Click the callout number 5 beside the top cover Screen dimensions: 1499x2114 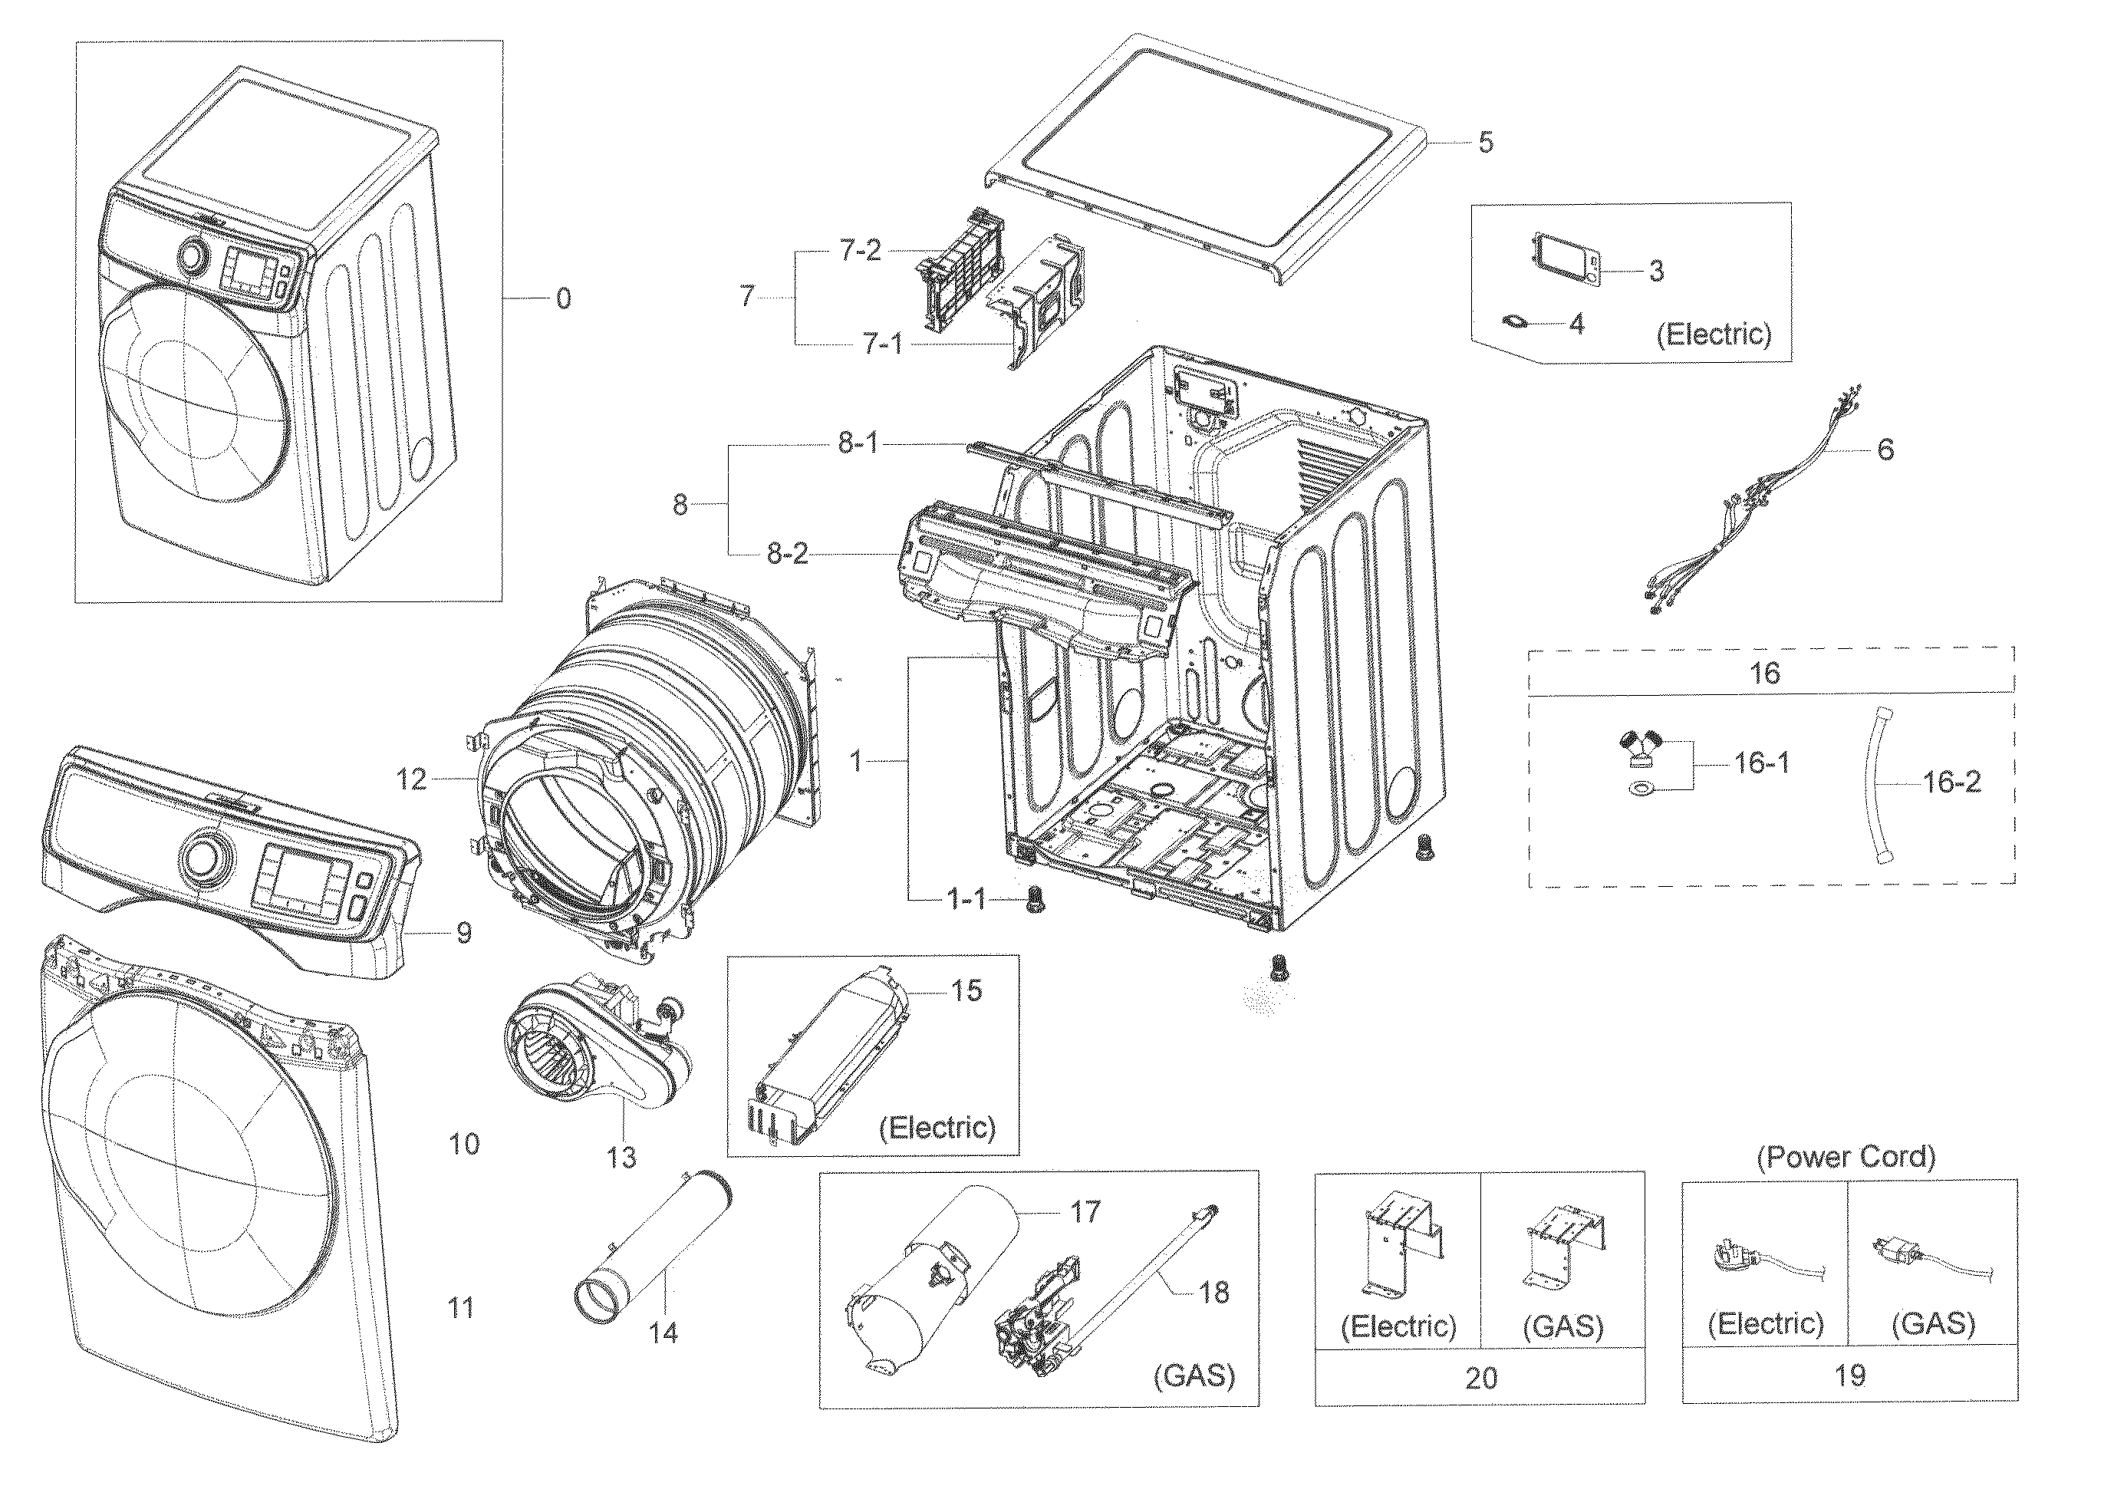[x=1485, y=142]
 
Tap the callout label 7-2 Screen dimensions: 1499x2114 [x=859, y=250]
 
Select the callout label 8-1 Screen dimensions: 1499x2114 [x=858, y=443]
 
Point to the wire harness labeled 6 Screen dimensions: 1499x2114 [x=1753, y=499]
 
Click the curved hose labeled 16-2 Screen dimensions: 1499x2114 [x=1873, y=785]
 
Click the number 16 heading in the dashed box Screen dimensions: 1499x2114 [x=1764, y=673]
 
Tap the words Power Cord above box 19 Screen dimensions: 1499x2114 [x=1846, y=1157]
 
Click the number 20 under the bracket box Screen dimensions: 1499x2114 [x=1480, y=1378]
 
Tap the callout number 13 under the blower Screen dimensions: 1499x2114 [x=621, y=1157]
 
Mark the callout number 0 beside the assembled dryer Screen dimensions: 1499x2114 [x=563, y=298]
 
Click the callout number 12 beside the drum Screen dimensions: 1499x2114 [x=412, y=780]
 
